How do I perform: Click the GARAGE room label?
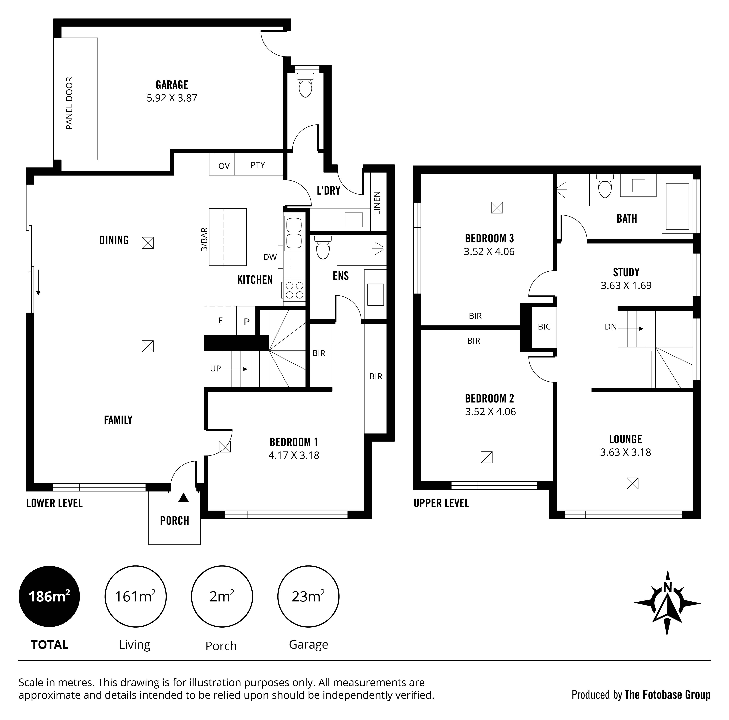[x=172, y=85]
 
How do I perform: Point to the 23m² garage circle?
[x=308, y=596]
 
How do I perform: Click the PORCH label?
[x=174, y=521]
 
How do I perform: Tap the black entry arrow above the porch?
[x=183, y=498]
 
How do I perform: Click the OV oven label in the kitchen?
[x=224, y=166]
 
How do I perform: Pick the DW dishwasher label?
[x=270, y=257]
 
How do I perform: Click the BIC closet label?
[x=544, y=327]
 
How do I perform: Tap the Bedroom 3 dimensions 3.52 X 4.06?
[x=489, y=252]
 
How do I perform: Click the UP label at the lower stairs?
[x=215, y=369]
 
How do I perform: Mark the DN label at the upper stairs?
[x=611, y=327]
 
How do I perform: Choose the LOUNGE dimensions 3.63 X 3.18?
[x=626, y=452]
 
